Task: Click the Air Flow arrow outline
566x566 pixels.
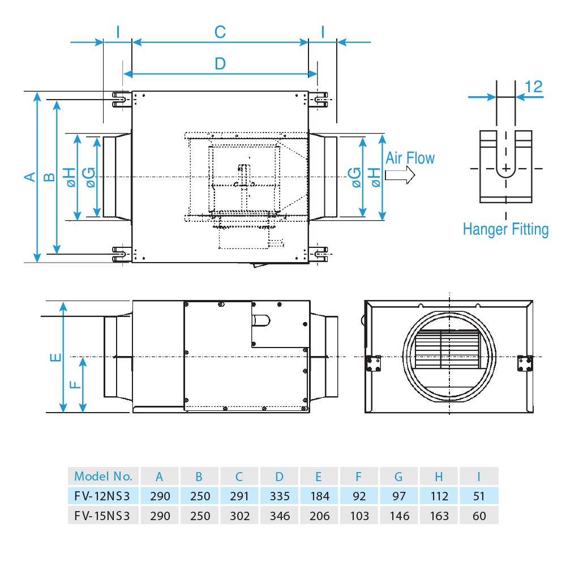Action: coord(400,175)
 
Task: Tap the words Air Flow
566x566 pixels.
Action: coord(410,158)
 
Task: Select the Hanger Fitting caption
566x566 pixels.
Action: coord(505,229)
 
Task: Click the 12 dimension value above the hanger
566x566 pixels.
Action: coord(533,87)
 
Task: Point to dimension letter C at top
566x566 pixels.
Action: coord(220,32)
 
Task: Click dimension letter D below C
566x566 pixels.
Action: coord(220,63)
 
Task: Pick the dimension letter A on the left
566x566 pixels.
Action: coord(29,177)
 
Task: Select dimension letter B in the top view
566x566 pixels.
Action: coord(49,177)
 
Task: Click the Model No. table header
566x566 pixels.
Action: coord(103,475)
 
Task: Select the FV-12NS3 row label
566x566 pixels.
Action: coord(102,496)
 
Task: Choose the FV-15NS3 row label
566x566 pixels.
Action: coord(102,516)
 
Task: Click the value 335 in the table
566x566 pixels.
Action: coord(280,496)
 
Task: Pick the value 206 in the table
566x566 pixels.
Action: coord(320,516)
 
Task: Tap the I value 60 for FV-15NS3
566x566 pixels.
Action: coord(479,516)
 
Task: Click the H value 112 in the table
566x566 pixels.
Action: coord(439,496)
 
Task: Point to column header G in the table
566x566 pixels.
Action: coord(400,475)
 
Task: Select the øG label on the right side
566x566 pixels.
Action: coord(355,177)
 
